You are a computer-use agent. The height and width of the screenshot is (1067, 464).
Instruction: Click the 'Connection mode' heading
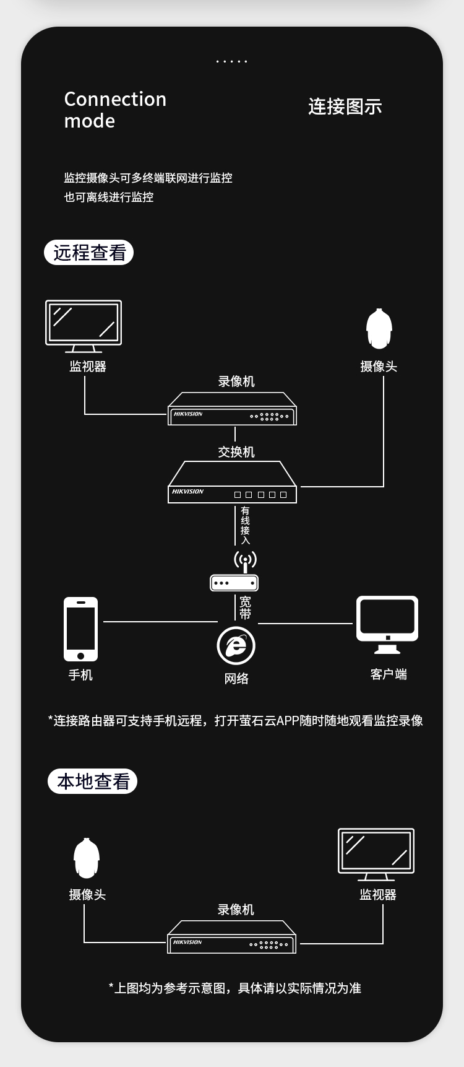pyautogui.click(x=115, y=110)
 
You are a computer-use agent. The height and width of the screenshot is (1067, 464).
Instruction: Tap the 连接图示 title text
pyautogui.click(x=345, y=107)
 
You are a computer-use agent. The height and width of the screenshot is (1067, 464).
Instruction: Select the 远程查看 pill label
pyautogui.click(x=89, y=253)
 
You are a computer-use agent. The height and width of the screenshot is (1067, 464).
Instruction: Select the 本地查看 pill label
pyautogui.click(x=93, y=781)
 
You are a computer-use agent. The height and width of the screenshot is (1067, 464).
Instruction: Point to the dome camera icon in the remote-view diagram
pyautogui.click(x=379, y=329)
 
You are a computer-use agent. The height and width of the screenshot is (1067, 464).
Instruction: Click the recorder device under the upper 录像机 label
pyautogui.click(x=232, y=409)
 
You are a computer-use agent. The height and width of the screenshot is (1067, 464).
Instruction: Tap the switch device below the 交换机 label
pyautogui.click(x=232, y=483)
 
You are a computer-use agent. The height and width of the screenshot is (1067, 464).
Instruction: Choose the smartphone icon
pyautogui.click(x=80, y=629)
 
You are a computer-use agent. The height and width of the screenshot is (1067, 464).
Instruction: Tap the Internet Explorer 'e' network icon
pyautogui.click(x=236, y=645)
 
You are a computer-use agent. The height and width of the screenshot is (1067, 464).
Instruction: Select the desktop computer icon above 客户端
pyautogui.click(x=387, y=624)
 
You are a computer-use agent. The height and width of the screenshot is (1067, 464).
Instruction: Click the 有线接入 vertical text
pyautogui.click(x=245, y=526)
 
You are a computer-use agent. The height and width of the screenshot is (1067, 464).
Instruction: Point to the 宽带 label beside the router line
pyautogui.click(x=245, y=608)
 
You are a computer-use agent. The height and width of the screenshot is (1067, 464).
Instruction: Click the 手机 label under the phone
pyautogui.click(x=80, y=675)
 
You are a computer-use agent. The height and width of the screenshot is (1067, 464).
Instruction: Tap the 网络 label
pyautogui.click(x=236, y=679)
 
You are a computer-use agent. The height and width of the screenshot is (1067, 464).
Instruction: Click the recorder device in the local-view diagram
pyautogui.click(x=232, y=938)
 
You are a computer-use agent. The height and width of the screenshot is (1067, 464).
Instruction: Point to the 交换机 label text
pyautogui.click(x=236, y=452)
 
